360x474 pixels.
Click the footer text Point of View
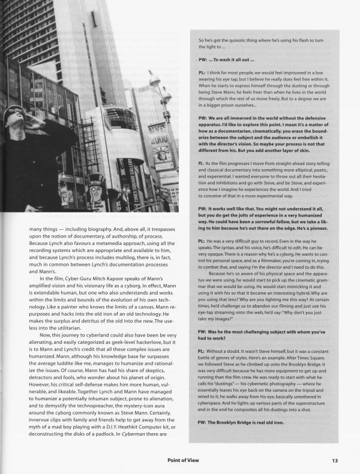click(190, 461)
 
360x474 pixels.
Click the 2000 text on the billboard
click(158, 137)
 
